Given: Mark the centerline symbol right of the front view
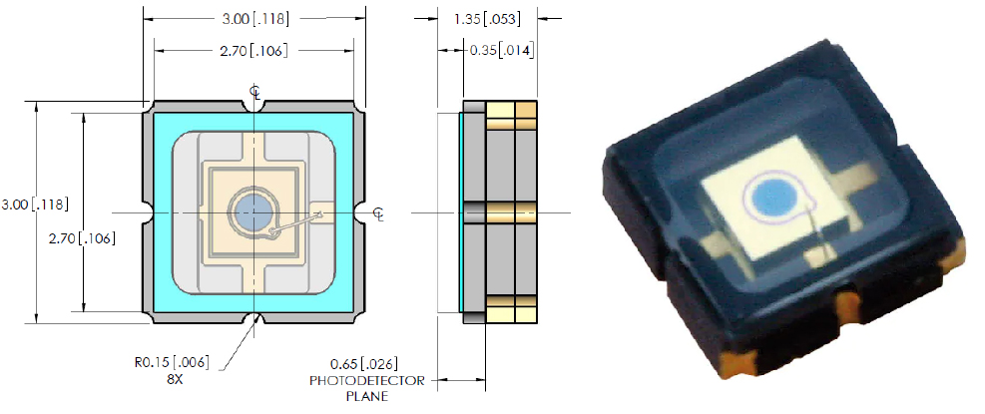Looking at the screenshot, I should tap(378, 212).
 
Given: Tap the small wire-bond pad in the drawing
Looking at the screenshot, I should tap(323, 211).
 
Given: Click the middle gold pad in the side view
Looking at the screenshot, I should tap(512, 211).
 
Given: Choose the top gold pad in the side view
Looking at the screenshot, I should tap(512, 114).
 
